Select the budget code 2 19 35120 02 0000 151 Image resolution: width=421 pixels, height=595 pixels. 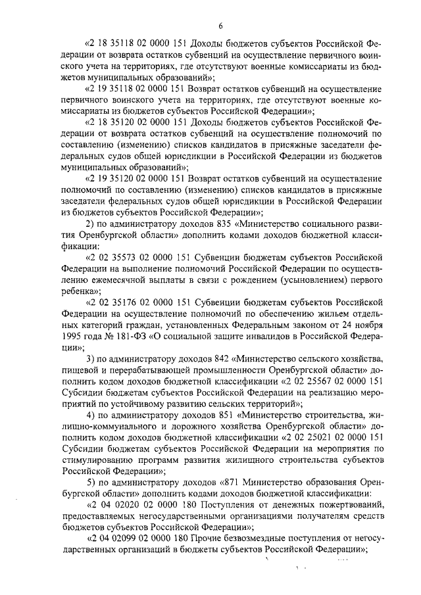tap(139, 178)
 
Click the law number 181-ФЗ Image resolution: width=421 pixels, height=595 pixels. tap(123, 337)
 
